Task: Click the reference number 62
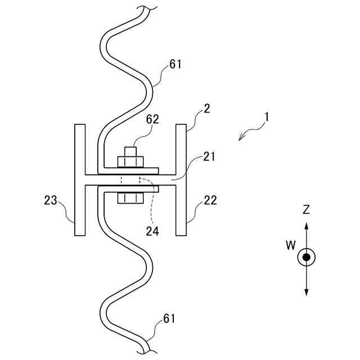pos(152,119)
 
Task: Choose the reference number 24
pos(152,230)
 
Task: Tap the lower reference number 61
pos(169,319)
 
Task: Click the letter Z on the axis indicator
pos(306,210)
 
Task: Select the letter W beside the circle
pos(290,245)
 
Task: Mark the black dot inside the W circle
pos(306,257)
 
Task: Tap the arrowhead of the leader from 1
pos(241,139)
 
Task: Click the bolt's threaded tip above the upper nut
pos(129,151)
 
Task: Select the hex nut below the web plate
pos(129,198)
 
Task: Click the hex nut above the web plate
pos(129,161)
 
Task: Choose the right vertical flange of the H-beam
pos(181,180)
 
